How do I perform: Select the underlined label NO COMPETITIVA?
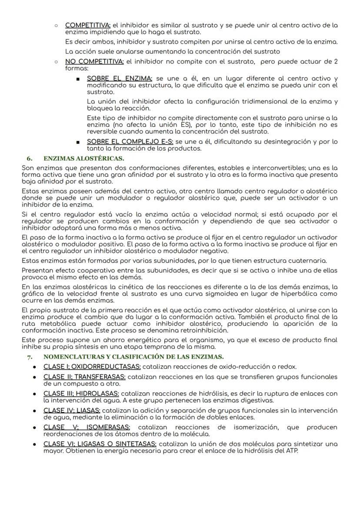[x=94, y=61]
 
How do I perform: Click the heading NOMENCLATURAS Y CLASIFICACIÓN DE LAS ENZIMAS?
[x=133, y=357]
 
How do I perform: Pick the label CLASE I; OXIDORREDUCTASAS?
[x=92, y=366]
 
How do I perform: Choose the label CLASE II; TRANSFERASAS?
[x=84, y=377]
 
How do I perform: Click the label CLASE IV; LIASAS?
[x=72, y=410]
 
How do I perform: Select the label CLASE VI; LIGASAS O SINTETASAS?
[x=100, y=444]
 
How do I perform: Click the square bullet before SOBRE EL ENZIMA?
[x=77, y=79]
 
